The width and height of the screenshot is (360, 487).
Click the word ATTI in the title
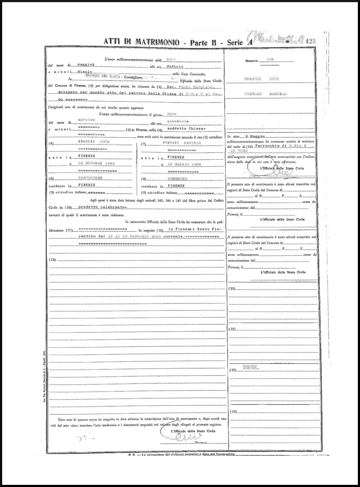point(112,42)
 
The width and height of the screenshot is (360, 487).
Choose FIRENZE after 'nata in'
point(176,157)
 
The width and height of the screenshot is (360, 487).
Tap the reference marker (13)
point(53,260)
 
